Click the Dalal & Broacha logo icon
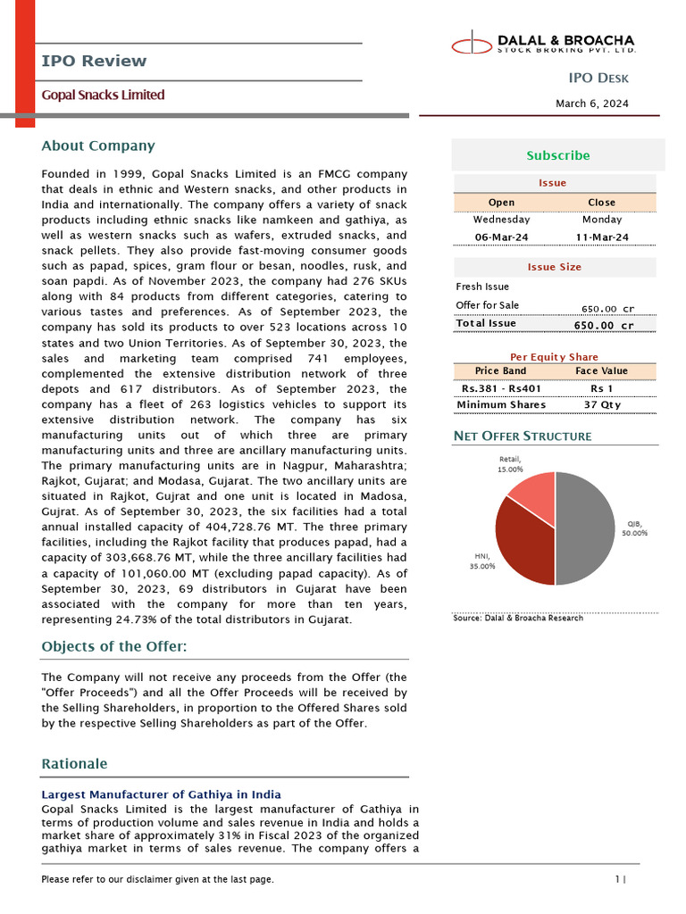click(x=471, y=42)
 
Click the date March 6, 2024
click(x=591, y=104)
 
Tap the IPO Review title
click(x=94, y=61)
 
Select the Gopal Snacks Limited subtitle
click(x=103, y=95)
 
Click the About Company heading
click(x=98, y=145)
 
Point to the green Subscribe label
click(x=557, y=155)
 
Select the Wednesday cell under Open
click(x=501, y=219)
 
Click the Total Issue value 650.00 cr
click(x=603, y=325)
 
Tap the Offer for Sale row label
click(x=487, y=305)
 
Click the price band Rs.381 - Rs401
click(x=501, y=389)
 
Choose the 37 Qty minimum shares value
click(x=602, y=405)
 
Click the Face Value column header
click(x=602, y=370)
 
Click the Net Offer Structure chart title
click(x=523, y=436)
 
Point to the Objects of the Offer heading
click(x=114, y=646)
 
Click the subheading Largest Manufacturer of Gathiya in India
click(x=161, y=794)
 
